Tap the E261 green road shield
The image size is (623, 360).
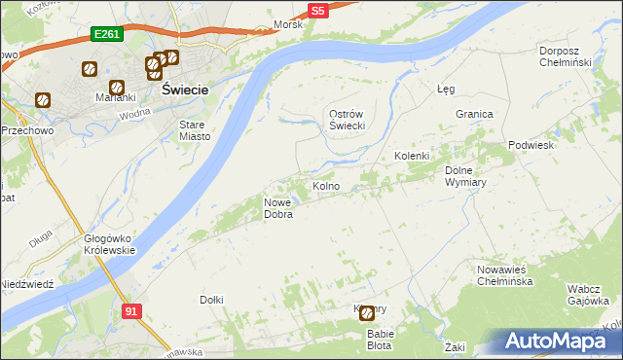[x=106, y=34]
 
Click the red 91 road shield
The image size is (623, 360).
[x=132, y=309]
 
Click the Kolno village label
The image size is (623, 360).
[x=325, y=186]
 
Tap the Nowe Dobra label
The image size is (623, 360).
[x=278, y=208]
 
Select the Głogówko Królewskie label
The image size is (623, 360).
[x=109, y=243]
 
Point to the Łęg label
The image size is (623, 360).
[x=446, y=89]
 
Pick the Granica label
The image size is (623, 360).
[x=474, y=114]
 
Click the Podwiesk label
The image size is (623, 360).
[x=531, y=145]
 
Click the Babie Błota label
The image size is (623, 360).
[x=380, y=339]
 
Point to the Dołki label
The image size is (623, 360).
[x=211, y=300]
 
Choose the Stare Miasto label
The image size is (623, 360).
[x=195, y=130]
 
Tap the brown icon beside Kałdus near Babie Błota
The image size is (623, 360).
[x=367, y=313]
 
